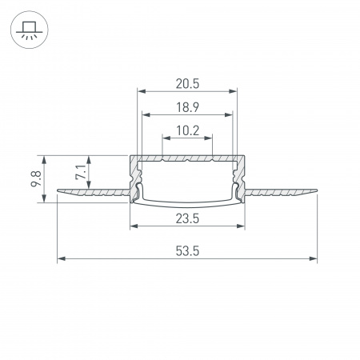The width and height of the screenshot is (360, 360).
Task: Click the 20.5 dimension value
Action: pyautogui.click(x=188, y=82)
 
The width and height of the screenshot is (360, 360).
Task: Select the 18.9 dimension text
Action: pyautogui.click(x=188, y=105)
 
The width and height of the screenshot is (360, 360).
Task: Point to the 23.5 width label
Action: pyautogui.click(x=188, y=217)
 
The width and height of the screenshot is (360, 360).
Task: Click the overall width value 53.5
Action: pyautogui.click(x=188, y=250)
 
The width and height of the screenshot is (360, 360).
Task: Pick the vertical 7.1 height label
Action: pyautogui.click(x=78, y=173)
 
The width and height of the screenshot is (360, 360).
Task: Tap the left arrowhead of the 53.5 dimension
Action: pyautogui.click(x=62, y=259)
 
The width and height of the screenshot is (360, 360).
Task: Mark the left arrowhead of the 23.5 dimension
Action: pyautogui.click(x=133, y=226)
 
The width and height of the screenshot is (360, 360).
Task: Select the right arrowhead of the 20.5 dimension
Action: pyautogui.click(x=235, y=91)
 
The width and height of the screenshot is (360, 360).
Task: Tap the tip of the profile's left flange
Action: pyautogui.click(x=60, y=191)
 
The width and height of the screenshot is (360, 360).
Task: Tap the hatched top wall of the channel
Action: pyautogui.click(x=188, y=158)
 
